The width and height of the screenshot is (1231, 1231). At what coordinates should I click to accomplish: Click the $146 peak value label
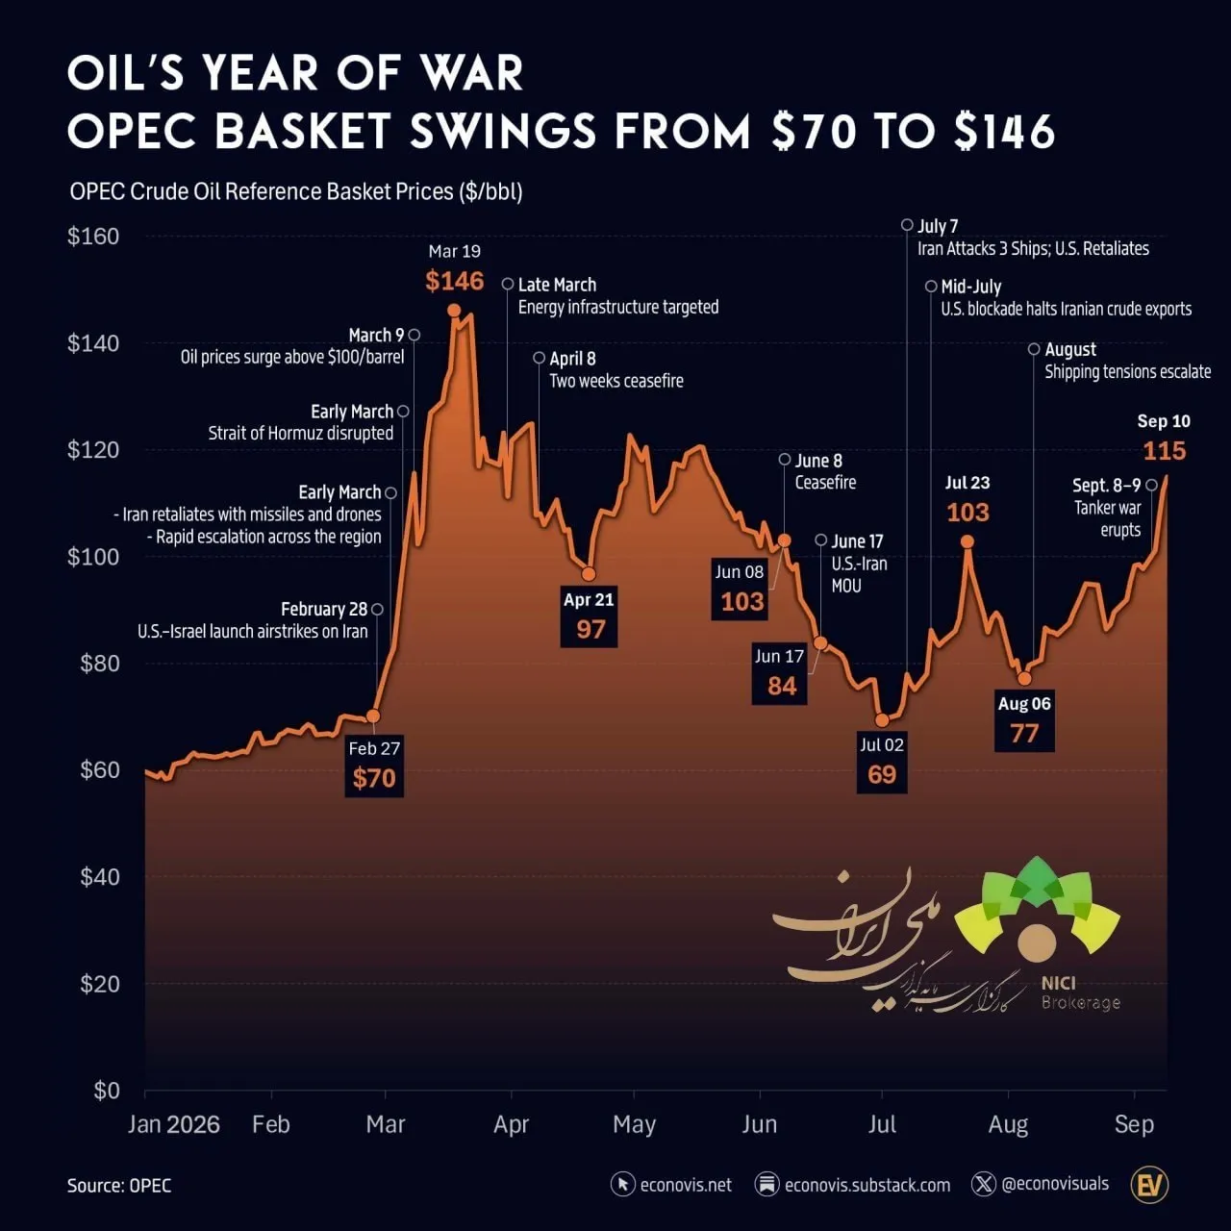[x=454, y=281]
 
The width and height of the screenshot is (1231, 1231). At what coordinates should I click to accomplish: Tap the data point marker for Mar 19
[x=454, y=311]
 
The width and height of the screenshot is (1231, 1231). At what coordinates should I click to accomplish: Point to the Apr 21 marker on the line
[x=589, y=573]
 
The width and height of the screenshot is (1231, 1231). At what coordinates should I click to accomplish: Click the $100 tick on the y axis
[x=93, y=557]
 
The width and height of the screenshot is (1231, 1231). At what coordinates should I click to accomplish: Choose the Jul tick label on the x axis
[x=882, y=1124]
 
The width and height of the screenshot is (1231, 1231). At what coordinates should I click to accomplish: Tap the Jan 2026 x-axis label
[x=174, y=1124]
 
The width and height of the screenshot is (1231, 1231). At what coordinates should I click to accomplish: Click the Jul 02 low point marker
[x=882, y=720]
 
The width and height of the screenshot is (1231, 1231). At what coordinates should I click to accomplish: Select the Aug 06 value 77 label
[x=1024, y=734]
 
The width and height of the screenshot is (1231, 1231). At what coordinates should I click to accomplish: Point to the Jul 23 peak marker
[x=967, y=542]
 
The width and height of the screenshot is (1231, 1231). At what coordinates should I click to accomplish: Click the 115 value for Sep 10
[x=1164, y=451]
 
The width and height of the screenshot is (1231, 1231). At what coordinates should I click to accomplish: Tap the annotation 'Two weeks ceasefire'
[x=616, y=382]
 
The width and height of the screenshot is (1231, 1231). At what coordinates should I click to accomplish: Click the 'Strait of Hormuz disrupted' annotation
[x=300, y=433]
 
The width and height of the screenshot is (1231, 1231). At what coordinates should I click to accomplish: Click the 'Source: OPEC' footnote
[x=119, y=1186]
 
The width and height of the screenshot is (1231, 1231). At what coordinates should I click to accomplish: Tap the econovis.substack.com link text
[x=867, y=1185]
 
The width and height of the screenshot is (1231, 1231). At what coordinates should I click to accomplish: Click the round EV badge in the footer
[x=1149, y=1185]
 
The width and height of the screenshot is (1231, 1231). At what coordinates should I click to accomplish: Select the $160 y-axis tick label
[x=93, y=237]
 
